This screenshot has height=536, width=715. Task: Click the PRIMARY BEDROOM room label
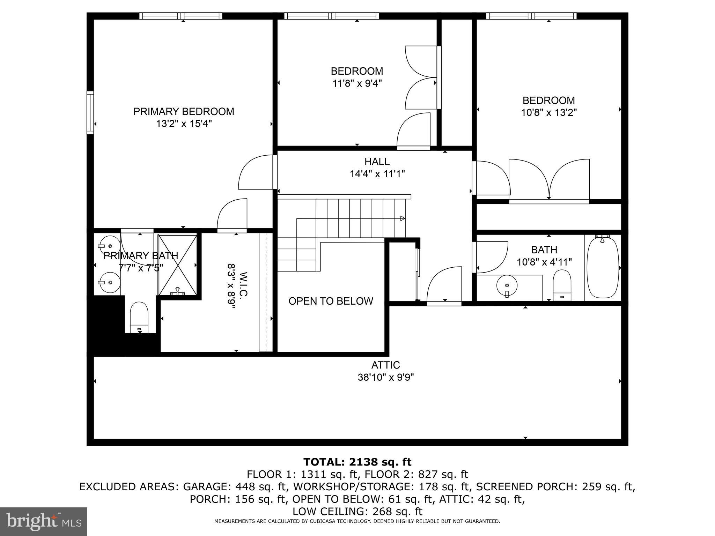click(184, 112)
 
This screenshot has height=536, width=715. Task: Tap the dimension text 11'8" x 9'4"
click(357, 84)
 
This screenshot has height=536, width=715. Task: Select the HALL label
click(377, 162)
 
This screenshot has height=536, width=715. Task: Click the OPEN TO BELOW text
click(331, 301)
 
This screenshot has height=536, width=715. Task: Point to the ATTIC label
click(385, 365)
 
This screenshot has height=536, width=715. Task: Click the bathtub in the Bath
click(603, 268)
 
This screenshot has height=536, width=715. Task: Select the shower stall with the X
click(177, 265)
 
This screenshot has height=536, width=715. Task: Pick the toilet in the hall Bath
click(562, 284)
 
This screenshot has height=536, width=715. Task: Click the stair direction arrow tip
click(403, 218)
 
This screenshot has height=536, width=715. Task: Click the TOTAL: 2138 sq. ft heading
click(357, 462)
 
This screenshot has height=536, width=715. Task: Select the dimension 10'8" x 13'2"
click(548, 113)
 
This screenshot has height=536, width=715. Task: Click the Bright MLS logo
click(44, 521)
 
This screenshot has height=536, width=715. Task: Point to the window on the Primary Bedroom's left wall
click(90, 112)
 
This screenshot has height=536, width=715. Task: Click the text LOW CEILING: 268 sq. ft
click(357, 512)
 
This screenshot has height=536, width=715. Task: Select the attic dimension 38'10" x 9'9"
click(385, 377)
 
